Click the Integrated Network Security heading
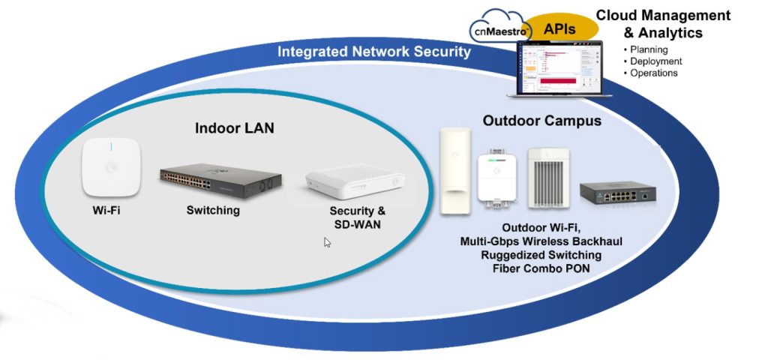tap(373, 52)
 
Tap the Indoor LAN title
tap(235, 128)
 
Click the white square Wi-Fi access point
tap(112, 167)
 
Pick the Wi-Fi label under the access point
tap(106, 211)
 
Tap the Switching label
tap(213, 211)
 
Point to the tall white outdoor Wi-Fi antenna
tap(455, 171)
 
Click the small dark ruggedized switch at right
tap(617, 192)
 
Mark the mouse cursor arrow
tap(328, 241)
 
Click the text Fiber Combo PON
tap(541, 268)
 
